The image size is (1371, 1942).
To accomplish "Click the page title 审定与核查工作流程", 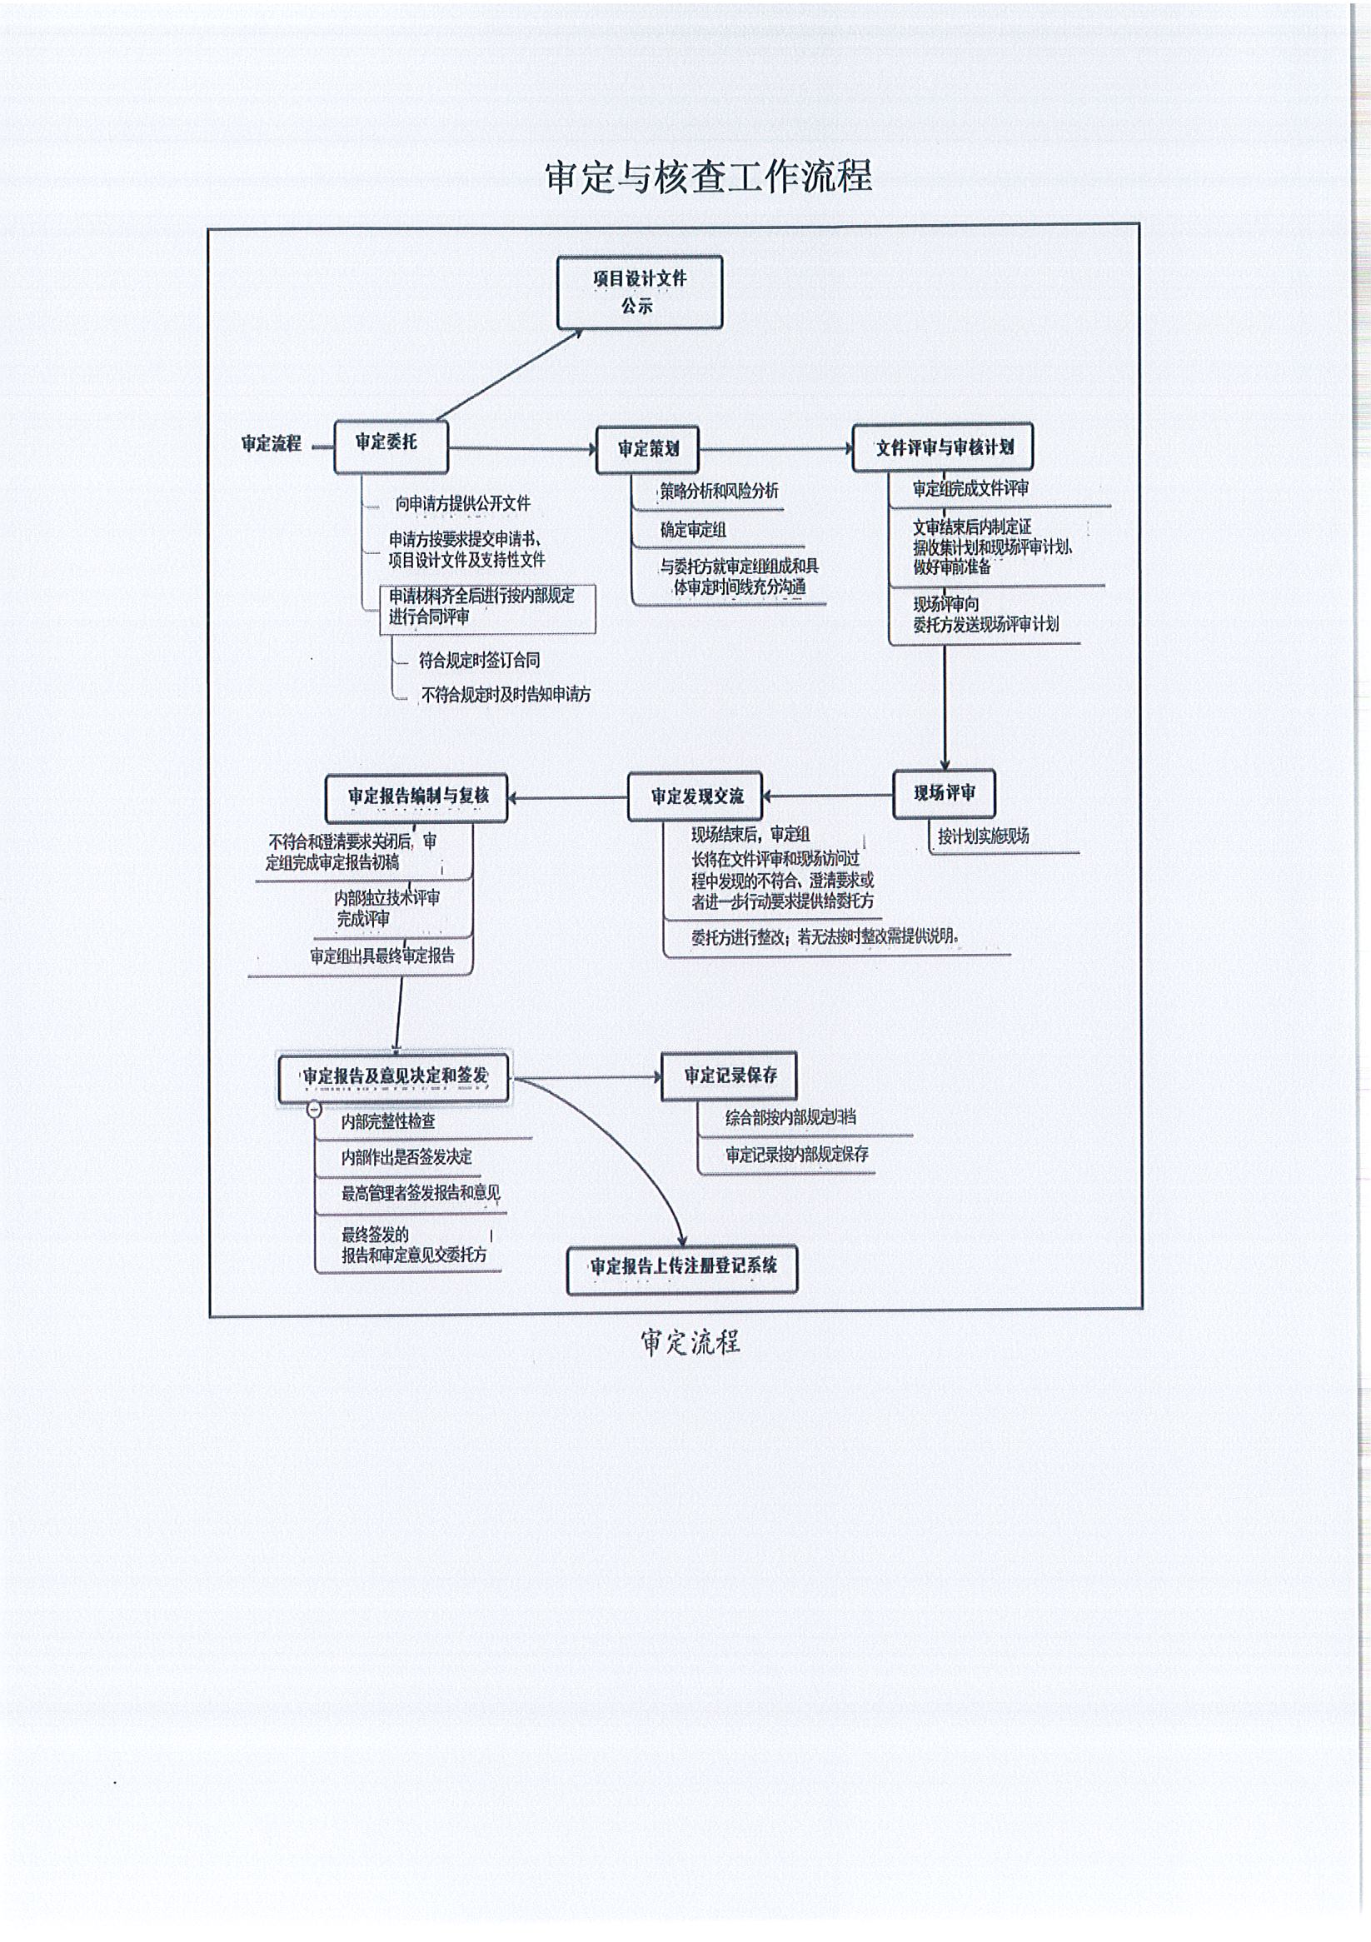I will (x=708, y=176).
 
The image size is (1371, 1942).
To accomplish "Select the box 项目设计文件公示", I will (x=640, y=292).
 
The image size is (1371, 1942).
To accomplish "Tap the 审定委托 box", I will (x=390, y=446).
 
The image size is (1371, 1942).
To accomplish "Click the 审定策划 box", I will (x=647, y=449).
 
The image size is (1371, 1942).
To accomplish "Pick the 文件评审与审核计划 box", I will (x=943, y=447).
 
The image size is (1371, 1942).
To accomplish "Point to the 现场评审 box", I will (x=943, y=793).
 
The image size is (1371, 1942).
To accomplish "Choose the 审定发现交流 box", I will (x=695, y=796).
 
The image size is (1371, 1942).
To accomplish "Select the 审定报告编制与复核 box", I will (x=416, y=796).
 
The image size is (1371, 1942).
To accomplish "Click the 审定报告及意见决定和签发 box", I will (x=394, y=1076).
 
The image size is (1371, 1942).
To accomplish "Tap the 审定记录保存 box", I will (x=728, y=1075).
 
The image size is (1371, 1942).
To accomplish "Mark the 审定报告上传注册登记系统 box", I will (x=681, y=1268).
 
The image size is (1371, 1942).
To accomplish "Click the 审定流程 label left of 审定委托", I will (x=271, y=444).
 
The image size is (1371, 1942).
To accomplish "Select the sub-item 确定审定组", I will (x=693, y=531).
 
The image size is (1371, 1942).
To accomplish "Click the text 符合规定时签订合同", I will (x=479, y=661).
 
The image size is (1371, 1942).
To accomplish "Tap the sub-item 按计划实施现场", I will (x=983, y=836).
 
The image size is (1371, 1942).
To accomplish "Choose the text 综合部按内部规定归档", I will (x=790, y=1117).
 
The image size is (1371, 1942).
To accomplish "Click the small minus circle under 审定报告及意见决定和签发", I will (x=314, y=1109).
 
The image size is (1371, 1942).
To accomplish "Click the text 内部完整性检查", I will (x=388, y=1121).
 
